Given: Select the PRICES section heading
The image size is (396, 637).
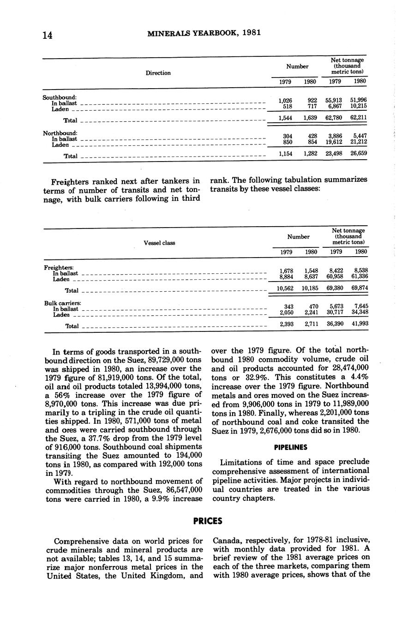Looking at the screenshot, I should pyautogui.click(x=208, y=521).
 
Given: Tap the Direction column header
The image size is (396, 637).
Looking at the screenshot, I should pyautogui.click(x=158, y=73).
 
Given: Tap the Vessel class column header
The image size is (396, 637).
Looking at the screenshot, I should pyautogui.click(x=159, y=243).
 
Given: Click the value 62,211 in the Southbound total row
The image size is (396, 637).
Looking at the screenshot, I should pyautogui.click(x=359, y=118).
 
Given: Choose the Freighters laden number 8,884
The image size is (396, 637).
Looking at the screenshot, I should pyautogui.click(x=288, y=276).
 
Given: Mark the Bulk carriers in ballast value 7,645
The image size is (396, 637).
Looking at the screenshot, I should pyautogui.click(x=360, y=306).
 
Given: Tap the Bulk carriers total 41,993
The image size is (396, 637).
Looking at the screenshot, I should pyautogui.click(x=360, y=324).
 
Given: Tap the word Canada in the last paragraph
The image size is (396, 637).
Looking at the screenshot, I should pyautogui.click(x=227, y=541).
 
